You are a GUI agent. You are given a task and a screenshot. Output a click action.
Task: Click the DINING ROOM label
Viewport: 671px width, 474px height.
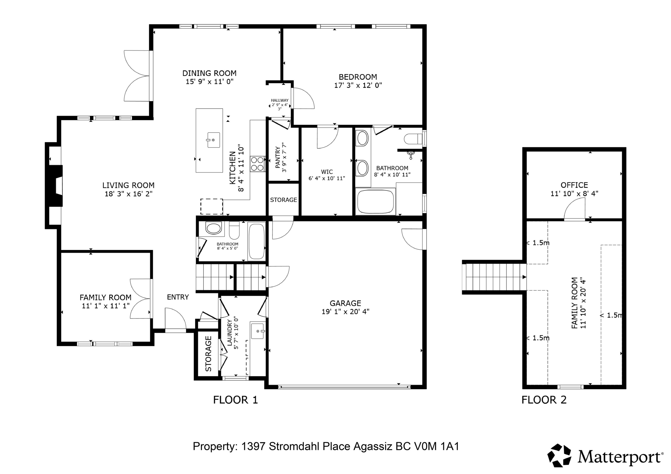pyautogui.click(x=209, y=73)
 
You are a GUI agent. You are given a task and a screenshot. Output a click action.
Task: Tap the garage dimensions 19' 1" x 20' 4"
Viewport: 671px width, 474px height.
pyautogui.click(x=345, y=312)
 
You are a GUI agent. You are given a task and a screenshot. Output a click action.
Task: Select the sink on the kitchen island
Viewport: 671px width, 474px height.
pyautogui.click(x=213, y=140)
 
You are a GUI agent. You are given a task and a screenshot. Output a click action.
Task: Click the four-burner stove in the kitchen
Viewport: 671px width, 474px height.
pyautogui.click(x=257, y=164)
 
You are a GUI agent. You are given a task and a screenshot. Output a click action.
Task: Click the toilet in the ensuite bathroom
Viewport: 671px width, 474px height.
pyautogui.click(x=413, y=139)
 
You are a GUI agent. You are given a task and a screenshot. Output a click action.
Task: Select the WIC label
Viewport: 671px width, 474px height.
pyautogui.click(x=327, y=172)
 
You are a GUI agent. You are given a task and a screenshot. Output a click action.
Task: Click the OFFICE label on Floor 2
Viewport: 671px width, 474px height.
pyautogui.click(x=574, y=185)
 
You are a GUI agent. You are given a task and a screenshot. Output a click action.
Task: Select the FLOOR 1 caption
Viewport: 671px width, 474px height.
pyautogui.click(x=235, y=400)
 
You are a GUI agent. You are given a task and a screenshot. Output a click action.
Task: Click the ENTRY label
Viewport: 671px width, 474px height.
pyautogui.click(x=178, y=297)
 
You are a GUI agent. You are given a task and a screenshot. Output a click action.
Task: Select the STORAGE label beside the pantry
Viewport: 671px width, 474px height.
pyautogui.click(x=283, y=200)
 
